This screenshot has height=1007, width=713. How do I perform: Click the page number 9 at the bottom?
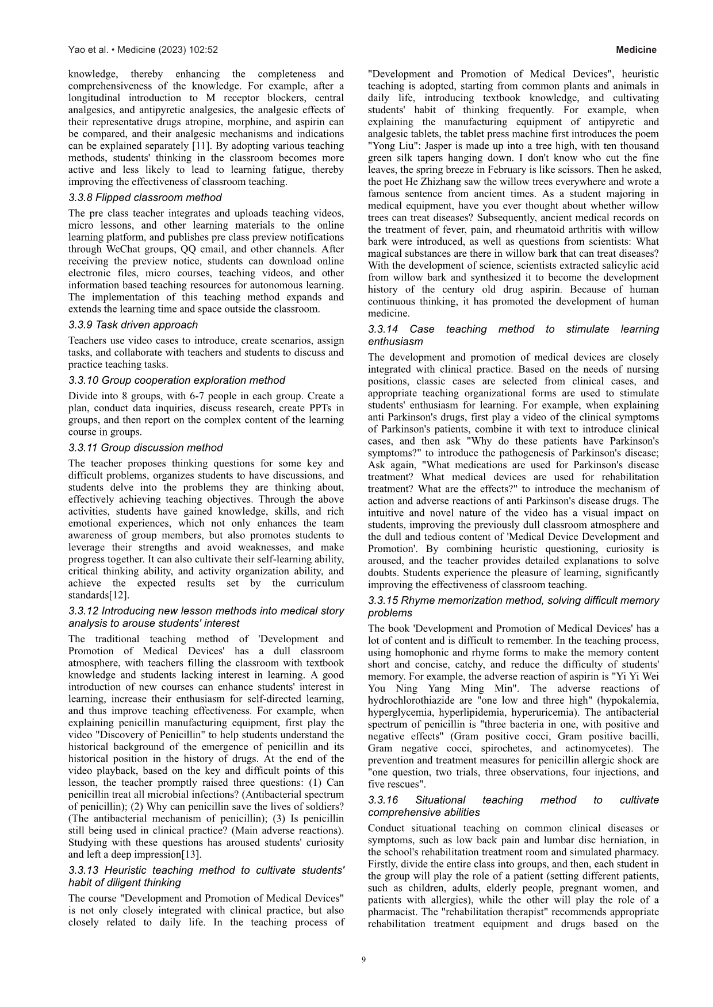coord(363,959)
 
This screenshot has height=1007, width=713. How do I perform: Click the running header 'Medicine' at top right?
coord(636,50)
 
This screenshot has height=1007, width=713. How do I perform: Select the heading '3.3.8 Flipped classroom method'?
coord(144,198)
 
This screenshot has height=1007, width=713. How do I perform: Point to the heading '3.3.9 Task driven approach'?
coord(133,325)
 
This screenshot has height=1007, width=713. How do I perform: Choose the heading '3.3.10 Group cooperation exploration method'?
coord(177,380)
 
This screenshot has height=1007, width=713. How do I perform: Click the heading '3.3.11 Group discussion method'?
coord(145,447)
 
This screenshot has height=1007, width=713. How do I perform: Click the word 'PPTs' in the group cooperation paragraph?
coord(323,408)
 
